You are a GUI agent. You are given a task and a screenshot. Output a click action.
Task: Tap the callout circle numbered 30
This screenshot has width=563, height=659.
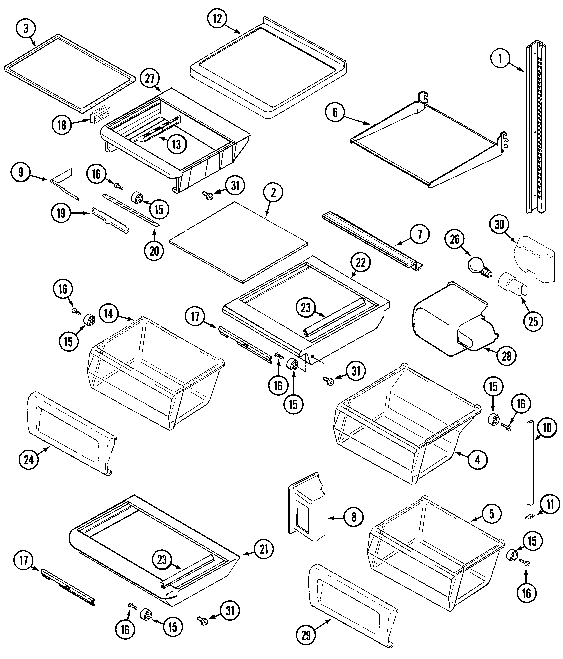click(x=499, y=224)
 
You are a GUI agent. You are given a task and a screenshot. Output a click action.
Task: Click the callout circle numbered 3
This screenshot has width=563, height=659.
click(x=26, y=28)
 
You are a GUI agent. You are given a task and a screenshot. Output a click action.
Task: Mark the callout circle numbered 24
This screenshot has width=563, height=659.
click(x=29, y=460)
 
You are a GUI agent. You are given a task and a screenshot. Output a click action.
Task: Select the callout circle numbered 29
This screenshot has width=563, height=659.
click(x=306, y=635)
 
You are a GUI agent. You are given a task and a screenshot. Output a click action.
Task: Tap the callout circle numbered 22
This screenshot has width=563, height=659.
click(x=360, y=263)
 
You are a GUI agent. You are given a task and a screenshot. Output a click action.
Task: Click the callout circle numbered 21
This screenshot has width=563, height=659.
click(x=264, y=549)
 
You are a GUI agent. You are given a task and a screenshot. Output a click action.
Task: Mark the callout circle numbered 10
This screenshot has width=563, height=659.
click(x=547, y=428)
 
